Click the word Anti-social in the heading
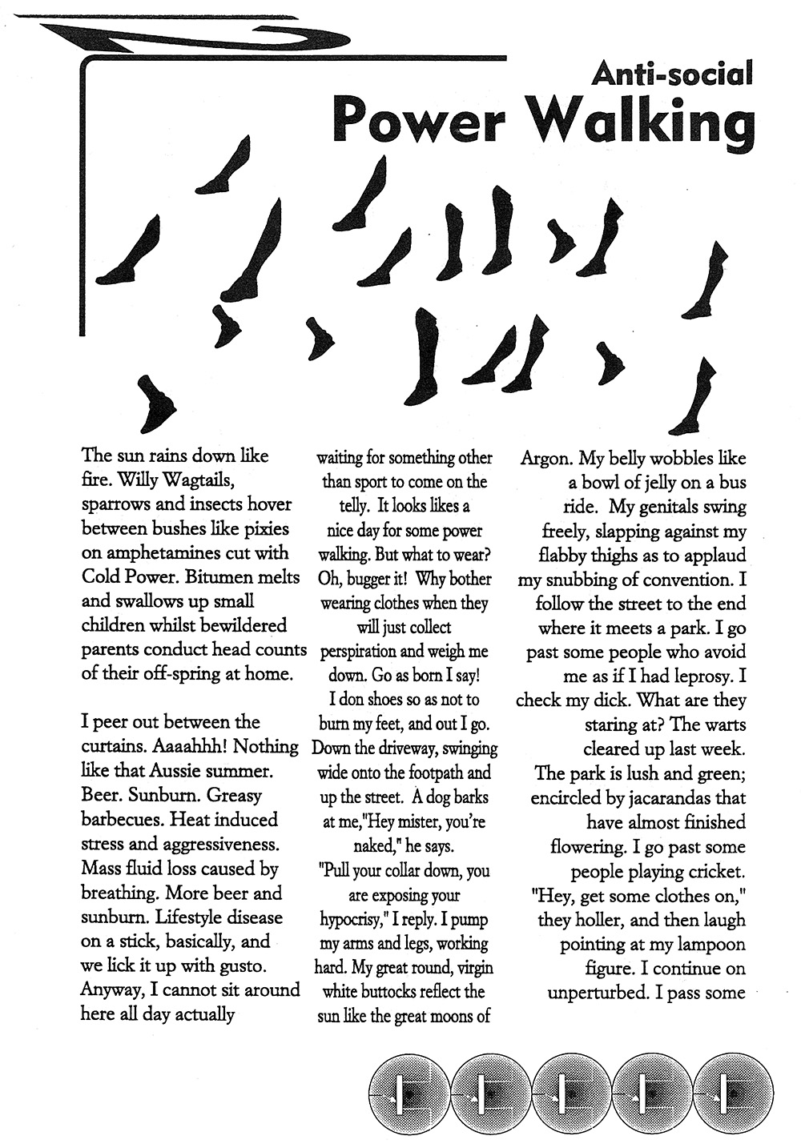pyautogui.click(x=672, y=74)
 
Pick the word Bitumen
pyautogui.click(x=230, y=577)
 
